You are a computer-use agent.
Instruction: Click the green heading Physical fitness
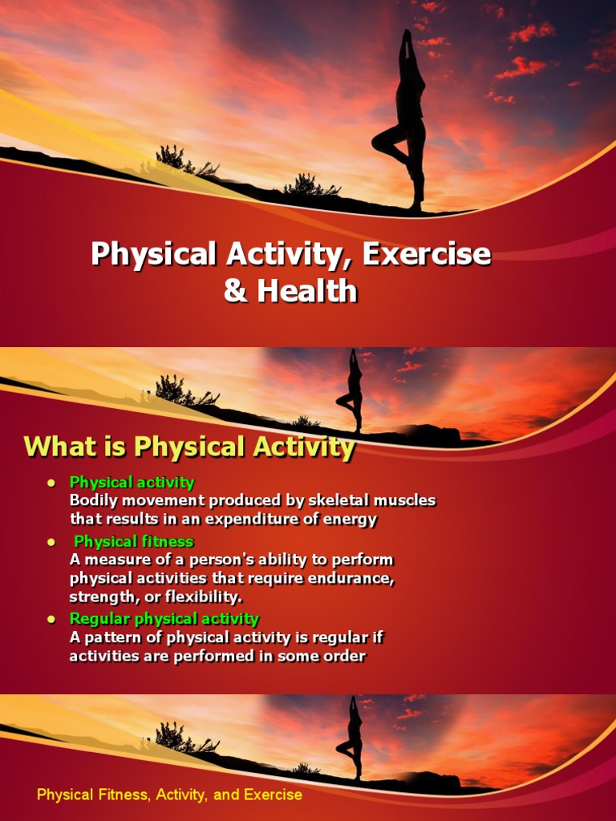(x=133, y=541)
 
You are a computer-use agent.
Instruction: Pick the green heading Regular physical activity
(x=164, y=618)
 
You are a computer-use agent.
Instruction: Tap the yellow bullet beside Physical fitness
(x=51, y=542)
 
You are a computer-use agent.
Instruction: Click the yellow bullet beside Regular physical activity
(x=51, y=619)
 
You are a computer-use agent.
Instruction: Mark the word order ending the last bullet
(x=346, y=657)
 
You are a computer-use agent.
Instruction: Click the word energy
(x=350, y=519)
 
